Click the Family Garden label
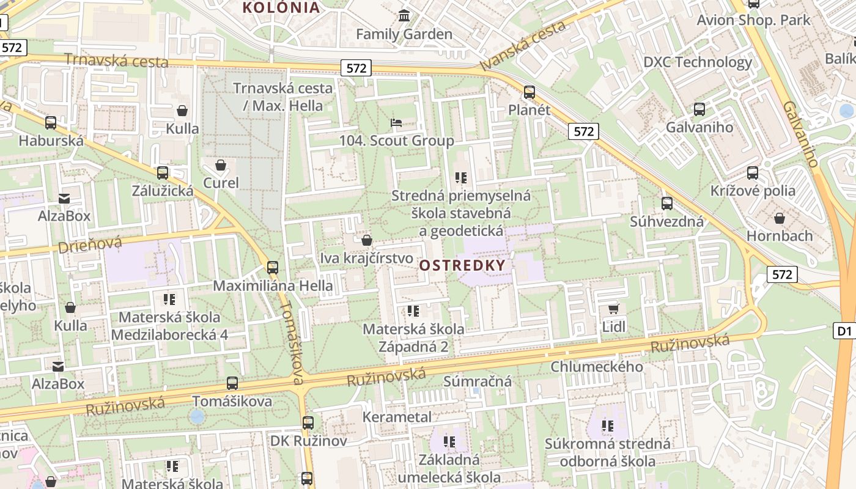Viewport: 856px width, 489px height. point(404,34)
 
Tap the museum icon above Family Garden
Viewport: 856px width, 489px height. point(404,15)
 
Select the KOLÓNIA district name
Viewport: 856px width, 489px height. point(281,7)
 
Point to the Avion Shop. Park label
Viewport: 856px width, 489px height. point(754,20)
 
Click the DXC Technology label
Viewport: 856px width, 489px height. point(698,62)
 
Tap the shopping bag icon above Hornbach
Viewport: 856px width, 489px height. point(780,218)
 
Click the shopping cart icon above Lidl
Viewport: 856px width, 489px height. point(613,309)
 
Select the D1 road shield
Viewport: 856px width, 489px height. point(844,331)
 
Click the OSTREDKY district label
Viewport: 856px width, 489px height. point(463,265)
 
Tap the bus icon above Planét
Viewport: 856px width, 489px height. point(529,92)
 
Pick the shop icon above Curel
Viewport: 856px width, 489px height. point(221,165)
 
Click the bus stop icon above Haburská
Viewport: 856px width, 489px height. point(51,123)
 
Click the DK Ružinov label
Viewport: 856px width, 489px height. point(309,441)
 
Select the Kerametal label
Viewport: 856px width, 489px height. point(397,417)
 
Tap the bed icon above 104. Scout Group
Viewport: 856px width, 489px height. point(396,123)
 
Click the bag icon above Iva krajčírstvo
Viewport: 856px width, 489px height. point(367,240)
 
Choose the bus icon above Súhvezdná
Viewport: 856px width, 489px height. point(667,204)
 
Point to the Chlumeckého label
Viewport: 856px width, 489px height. point(597,367)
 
